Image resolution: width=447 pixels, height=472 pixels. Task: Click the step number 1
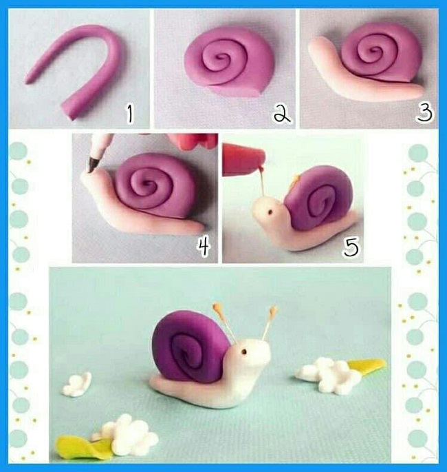129,113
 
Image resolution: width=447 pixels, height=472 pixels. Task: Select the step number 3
424,113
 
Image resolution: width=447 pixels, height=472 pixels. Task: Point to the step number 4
204,246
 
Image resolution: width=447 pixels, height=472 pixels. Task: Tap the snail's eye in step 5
270,212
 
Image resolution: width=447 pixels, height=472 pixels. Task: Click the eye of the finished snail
244,351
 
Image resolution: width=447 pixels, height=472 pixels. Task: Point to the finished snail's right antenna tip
273,310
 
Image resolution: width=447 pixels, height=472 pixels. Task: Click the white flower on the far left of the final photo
77,384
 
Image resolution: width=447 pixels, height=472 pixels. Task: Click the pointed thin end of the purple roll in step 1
26,81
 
